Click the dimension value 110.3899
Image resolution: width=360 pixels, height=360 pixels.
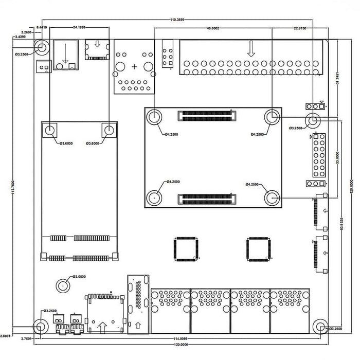click(x=177, y=19)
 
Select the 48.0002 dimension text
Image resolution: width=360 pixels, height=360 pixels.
click(x=213, y=28)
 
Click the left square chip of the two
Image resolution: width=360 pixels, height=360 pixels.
click(x=186, y=249)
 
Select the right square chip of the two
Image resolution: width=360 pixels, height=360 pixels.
click(x=258, y=249)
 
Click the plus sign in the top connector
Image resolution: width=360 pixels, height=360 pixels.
click(x=135, y=67)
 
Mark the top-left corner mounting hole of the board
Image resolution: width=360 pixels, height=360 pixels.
click(x=42, y=48)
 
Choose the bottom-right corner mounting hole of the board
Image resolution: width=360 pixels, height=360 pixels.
click(x=320, y=327)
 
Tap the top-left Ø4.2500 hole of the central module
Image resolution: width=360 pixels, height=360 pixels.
click(x=154, y=117)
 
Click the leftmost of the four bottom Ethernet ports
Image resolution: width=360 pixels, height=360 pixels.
click(x=170, y=310)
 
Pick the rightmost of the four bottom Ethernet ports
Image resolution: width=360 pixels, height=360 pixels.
click(x=290, y=310)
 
